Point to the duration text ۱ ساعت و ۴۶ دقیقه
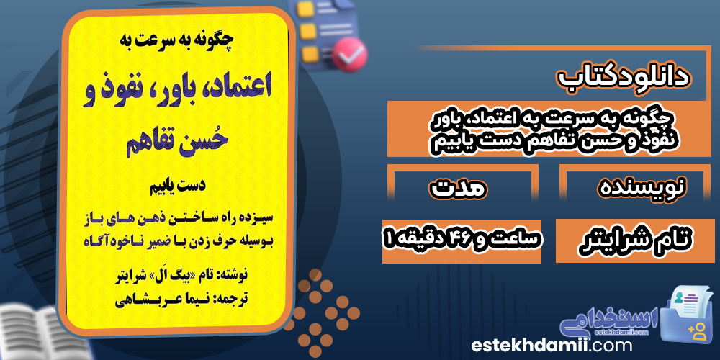462,240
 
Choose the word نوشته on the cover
235,277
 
